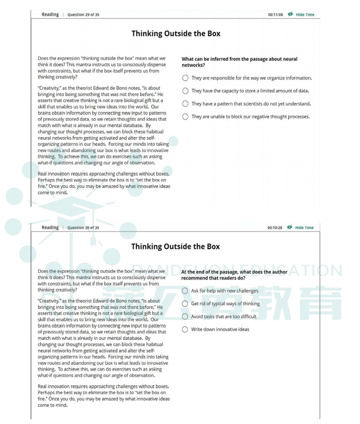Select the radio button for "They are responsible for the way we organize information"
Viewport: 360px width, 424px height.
click(185, 78)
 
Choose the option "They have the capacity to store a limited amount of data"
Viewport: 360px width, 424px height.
click(185, 91)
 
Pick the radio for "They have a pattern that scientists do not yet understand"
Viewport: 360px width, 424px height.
click(185, 104)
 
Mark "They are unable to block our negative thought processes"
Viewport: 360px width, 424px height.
click(185, 117)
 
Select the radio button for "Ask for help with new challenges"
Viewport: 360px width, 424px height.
click(185, 291)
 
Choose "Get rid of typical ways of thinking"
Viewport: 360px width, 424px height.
click(185, 304)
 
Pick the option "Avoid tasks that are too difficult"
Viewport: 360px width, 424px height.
click(185, 316)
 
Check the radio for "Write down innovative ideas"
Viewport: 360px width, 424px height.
click(185, 329)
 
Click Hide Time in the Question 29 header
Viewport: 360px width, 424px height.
click(305, 15)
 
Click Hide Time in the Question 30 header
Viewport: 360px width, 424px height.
click(305, 228)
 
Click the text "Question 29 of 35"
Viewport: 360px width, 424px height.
click(83, 15)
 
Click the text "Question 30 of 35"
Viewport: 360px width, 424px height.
click(83, 228)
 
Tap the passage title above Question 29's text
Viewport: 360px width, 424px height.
click(176, 34)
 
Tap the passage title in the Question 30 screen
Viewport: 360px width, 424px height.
click(176, 247)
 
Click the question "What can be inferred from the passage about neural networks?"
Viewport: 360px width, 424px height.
click(239, 62)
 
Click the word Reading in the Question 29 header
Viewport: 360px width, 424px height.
click(50, 15)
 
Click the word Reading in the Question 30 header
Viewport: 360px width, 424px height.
click(50, 228)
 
